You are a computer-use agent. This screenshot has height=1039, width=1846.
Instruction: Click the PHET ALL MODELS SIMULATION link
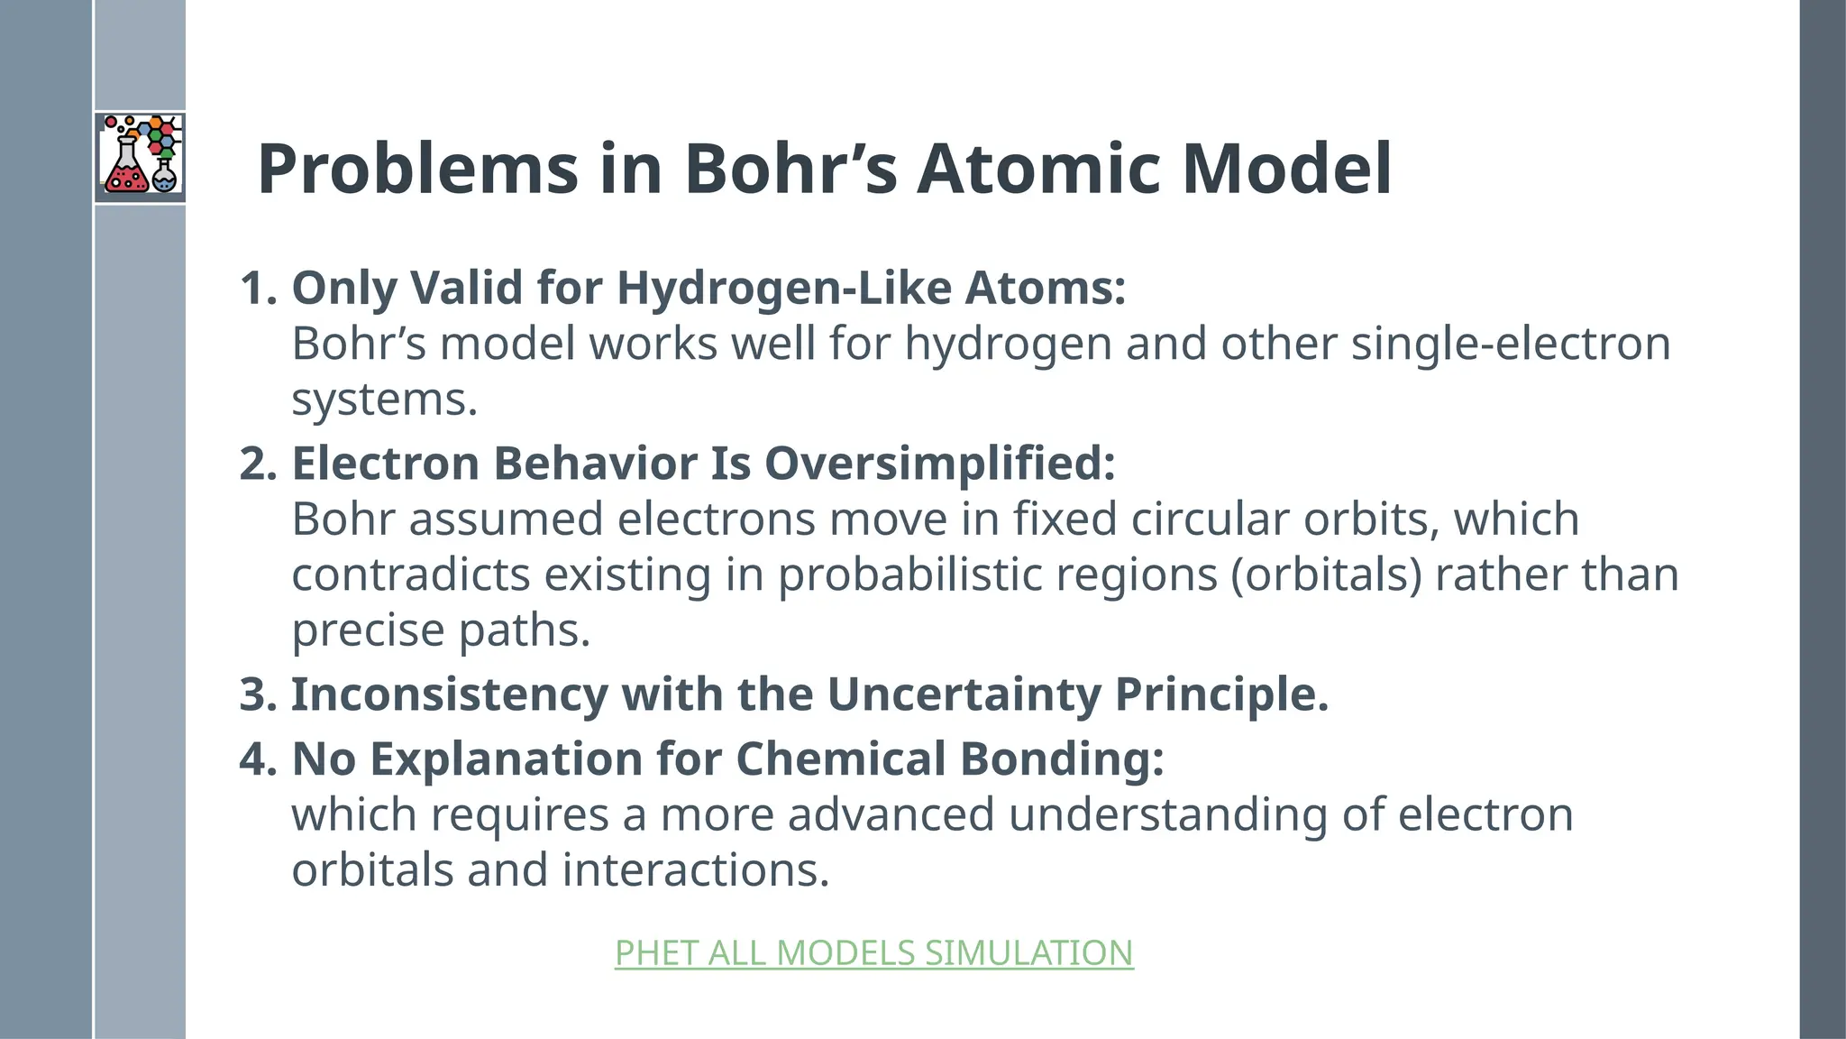pos(873,953)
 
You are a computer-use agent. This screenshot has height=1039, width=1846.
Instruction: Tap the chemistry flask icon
pos(140,155)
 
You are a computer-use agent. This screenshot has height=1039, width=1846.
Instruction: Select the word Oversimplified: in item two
pos(940,464)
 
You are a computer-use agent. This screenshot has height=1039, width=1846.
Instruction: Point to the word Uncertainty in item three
pos(964,694)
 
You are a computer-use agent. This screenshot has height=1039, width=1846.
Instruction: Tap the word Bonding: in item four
pos(1062,759)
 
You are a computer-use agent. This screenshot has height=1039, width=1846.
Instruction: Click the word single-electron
pos(1511,344)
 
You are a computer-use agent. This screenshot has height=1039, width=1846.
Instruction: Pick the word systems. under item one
pos(384,400)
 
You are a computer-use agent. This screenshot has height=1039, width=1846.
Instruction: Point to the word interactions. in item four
pos(695,870)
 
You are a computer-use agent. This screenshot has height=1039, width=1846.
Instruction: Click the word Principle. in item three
pos(1221,694)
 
